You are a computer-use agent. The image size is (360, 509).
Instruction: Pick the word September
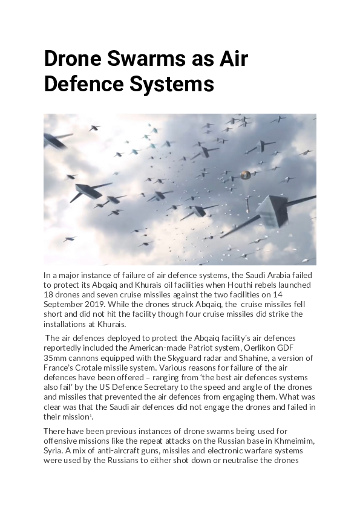(x=67, y=304)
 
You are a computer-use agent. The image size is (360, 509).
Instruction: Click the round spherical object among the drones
(x=245, y=175)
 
